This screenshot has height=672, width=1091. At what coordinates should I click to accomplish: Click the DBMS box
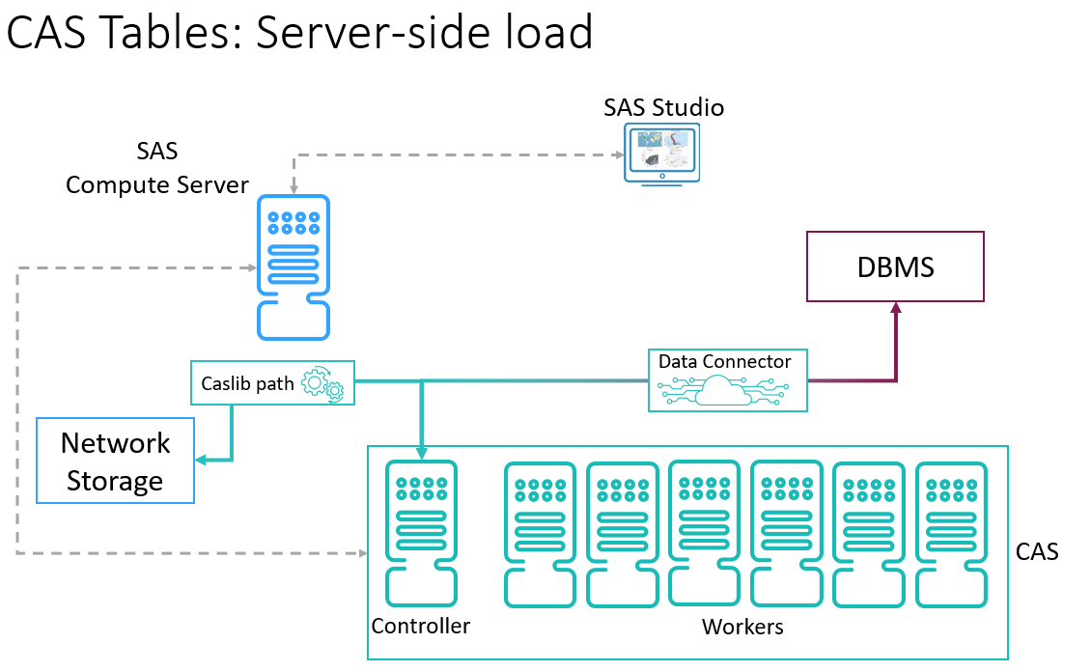coord(895,266)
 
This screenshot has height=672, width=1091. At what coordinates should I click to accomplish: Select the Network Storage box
coord(115,461)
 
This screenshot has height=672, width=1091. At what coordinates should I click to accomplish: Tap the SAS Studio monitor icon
coord(661,154)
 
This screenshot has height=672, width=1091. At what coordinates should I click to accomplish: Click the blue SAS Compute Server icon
coord(294,266)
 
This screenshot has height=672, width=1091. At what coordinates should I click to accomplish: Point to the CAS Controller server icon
coord(420,533)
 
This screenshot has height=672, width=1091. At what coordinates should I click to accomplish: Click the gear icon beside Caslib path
coord(322,384)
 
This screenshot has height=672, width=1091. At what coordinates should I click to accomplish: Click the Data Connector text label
coord(724,362)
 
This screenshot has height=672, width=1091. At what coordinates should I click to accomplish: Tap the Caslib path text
coord(247,383)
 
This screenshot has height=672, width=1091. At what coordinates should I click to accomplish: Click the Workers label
coord(742,628)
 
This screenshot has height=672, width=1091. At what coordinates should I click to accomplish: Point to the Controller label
coord(421,626)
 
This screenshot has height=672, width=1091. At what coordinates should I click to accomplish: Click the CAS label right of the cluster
coord(1038,552)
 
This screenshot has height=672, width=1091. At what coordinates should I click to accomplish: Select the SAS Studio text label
coord(663,107)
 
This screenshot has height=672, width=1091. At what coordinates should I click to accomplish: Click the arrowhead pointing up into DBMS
coord(896,309)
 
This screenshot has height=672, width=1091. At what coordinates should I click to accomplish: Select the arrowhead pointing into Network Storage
coord(201,461)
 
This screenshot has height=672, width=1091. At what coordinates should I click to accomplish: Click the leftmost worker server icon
coord(540,535)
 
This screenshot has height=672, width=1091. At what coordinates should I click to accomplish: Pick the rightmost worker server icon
coord(950,535)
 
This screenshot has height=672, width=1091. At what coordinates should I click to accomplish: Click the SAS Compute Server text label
coord(157,168)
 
